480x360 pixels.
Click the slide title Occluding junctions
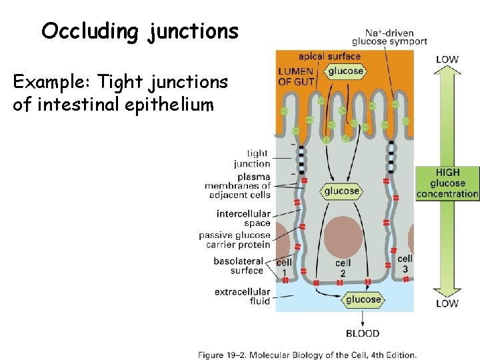click(x=139, y=31)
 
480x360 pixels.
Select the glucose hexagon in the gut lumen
click(x=345, y=71)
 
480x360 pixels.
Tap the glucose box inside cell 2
click(x=342, y=191)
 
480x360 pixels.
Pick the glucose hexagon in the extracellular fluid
click(x=363, y=299)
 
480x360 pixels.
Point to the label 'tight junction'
click(x=251, y=158)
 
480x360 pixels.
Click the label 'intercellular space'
click(x=243, y=219)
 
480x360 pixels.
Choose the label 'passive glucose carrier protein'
click(x=235, y=240)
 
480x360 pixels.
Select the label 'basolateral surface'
click(x=238, y=265)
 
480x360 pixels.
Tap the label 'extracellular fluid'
click(x=242, y=296)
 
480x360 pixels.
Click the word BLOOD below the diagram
click(x=363, y=333)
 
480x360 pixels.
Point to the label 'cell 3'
click(x=405, y=263)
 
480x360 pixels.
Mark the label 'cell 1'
click(x=284, y=267)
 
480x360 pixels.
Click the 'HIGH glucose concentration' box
click(x=447, y=183)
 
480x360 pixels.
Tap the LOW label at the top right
click(x=447, y=59)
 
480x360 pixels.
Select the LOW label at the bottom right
click(x=447, y=303)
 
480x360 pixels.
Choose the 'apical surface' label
click(x=329, y=57)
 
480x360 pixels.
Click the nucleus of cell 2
click(x=342, y=235)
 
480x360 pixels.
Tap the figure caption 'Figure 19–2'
click(x=307, y=355)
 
